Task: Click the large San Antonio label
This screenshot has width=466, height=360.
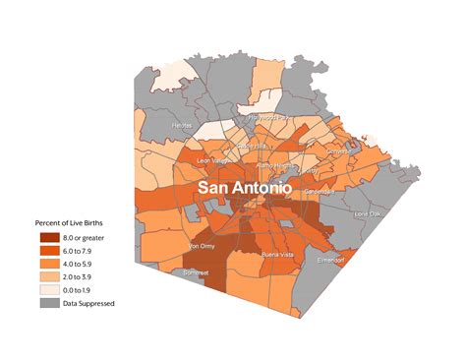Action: [x=245, y=186]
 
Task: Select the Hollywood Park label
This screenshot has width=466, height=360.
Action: [x=268, y=117]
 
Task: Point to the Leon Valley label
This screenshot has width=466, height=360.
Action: [x=213, y=160]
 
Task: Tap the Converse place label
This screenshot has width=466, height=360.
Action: [x=338, y=152]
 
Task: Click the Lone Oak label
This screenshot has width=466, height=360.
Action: [x=366, y=213]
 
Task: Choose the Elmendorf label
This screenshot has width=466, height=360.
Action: [x=329, y=261]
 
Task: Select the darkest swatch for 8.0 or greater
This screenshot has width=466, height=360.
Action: [x=49, y=238]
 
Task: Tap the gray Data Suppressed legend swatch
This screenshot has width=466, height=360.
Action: [x=49, y=303]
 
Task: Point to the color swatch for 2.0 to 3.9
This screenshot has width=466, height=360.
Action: [x=49, y=276]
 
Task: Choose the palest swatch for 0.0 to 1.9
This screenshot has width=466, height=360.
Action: [x=49, y=290]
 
